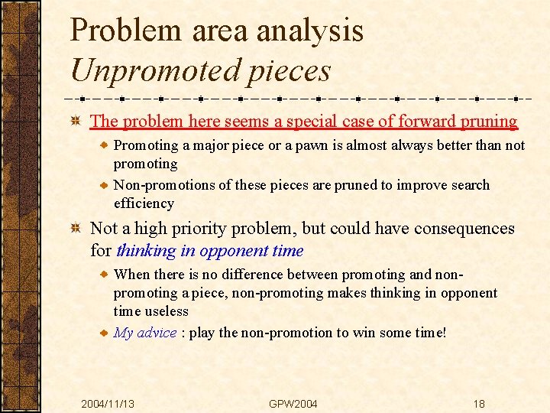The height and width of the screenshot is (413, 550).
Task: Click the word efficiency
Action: coord(144,203)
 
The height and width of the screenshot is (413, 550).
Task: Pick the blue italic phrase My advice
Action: coord(145,333)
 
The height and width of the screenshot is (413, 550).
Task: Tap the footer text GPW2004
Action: coord(293,404)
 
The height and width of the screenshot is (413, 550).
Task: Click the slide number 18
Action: coord(478,404)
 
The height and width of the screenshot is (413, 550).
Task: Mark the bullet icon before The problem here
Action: coord(76,122)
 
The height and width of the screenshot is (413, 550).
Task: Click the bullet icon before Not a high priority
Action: coord(76,229)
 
